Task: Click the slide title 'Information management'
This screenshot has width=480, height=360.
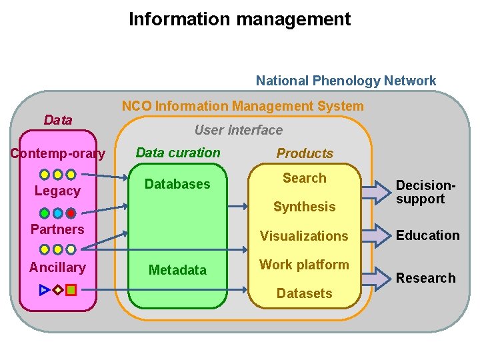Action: pos(239,19)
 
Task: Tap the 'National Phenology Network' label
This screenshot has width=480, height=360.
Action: pos(345,81)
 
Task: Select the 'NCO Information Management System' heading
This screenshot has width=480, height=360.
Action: pos(243,106)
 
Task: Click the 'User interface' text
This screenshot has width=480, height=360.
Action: pos(238,130)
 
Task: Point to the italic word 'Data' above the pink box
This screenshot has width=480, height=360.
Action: pos(57,120)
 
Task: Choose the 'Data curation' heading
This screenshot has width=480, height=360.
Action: pos(177,153)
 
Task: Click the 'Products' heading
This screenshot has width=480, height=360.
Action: pos(305,153)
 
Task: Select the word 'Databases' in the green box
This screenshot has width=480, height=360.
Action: pos(177,184)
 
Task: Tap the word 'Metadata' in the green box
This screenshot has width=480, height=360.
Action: pos(177,270)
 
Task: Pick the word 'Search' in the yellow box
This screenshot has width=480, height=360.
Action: pos(304,178)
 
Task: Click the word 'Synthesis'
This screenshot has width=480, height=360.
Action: pos(304,207)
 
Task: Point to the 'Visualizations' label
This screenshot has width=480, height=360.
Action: pos(304,236)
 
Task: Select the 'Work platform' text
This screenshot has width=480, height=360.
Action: pos(304,265)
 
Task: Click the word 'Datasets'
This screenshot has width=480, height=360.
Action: pos(304,293)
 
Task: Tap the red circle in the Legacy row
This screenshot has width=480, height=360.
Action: pos(71,213)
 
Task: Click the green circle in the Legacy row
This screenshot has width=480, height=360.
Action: pos(45,213)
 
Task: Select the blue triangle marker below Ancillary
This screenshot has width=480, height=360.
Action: pos(45,290)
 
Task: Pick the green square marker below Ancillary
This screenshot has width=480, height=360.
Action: pos(71,290)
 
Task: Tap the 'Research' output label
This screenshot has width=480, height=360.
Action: pos(425,278)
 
